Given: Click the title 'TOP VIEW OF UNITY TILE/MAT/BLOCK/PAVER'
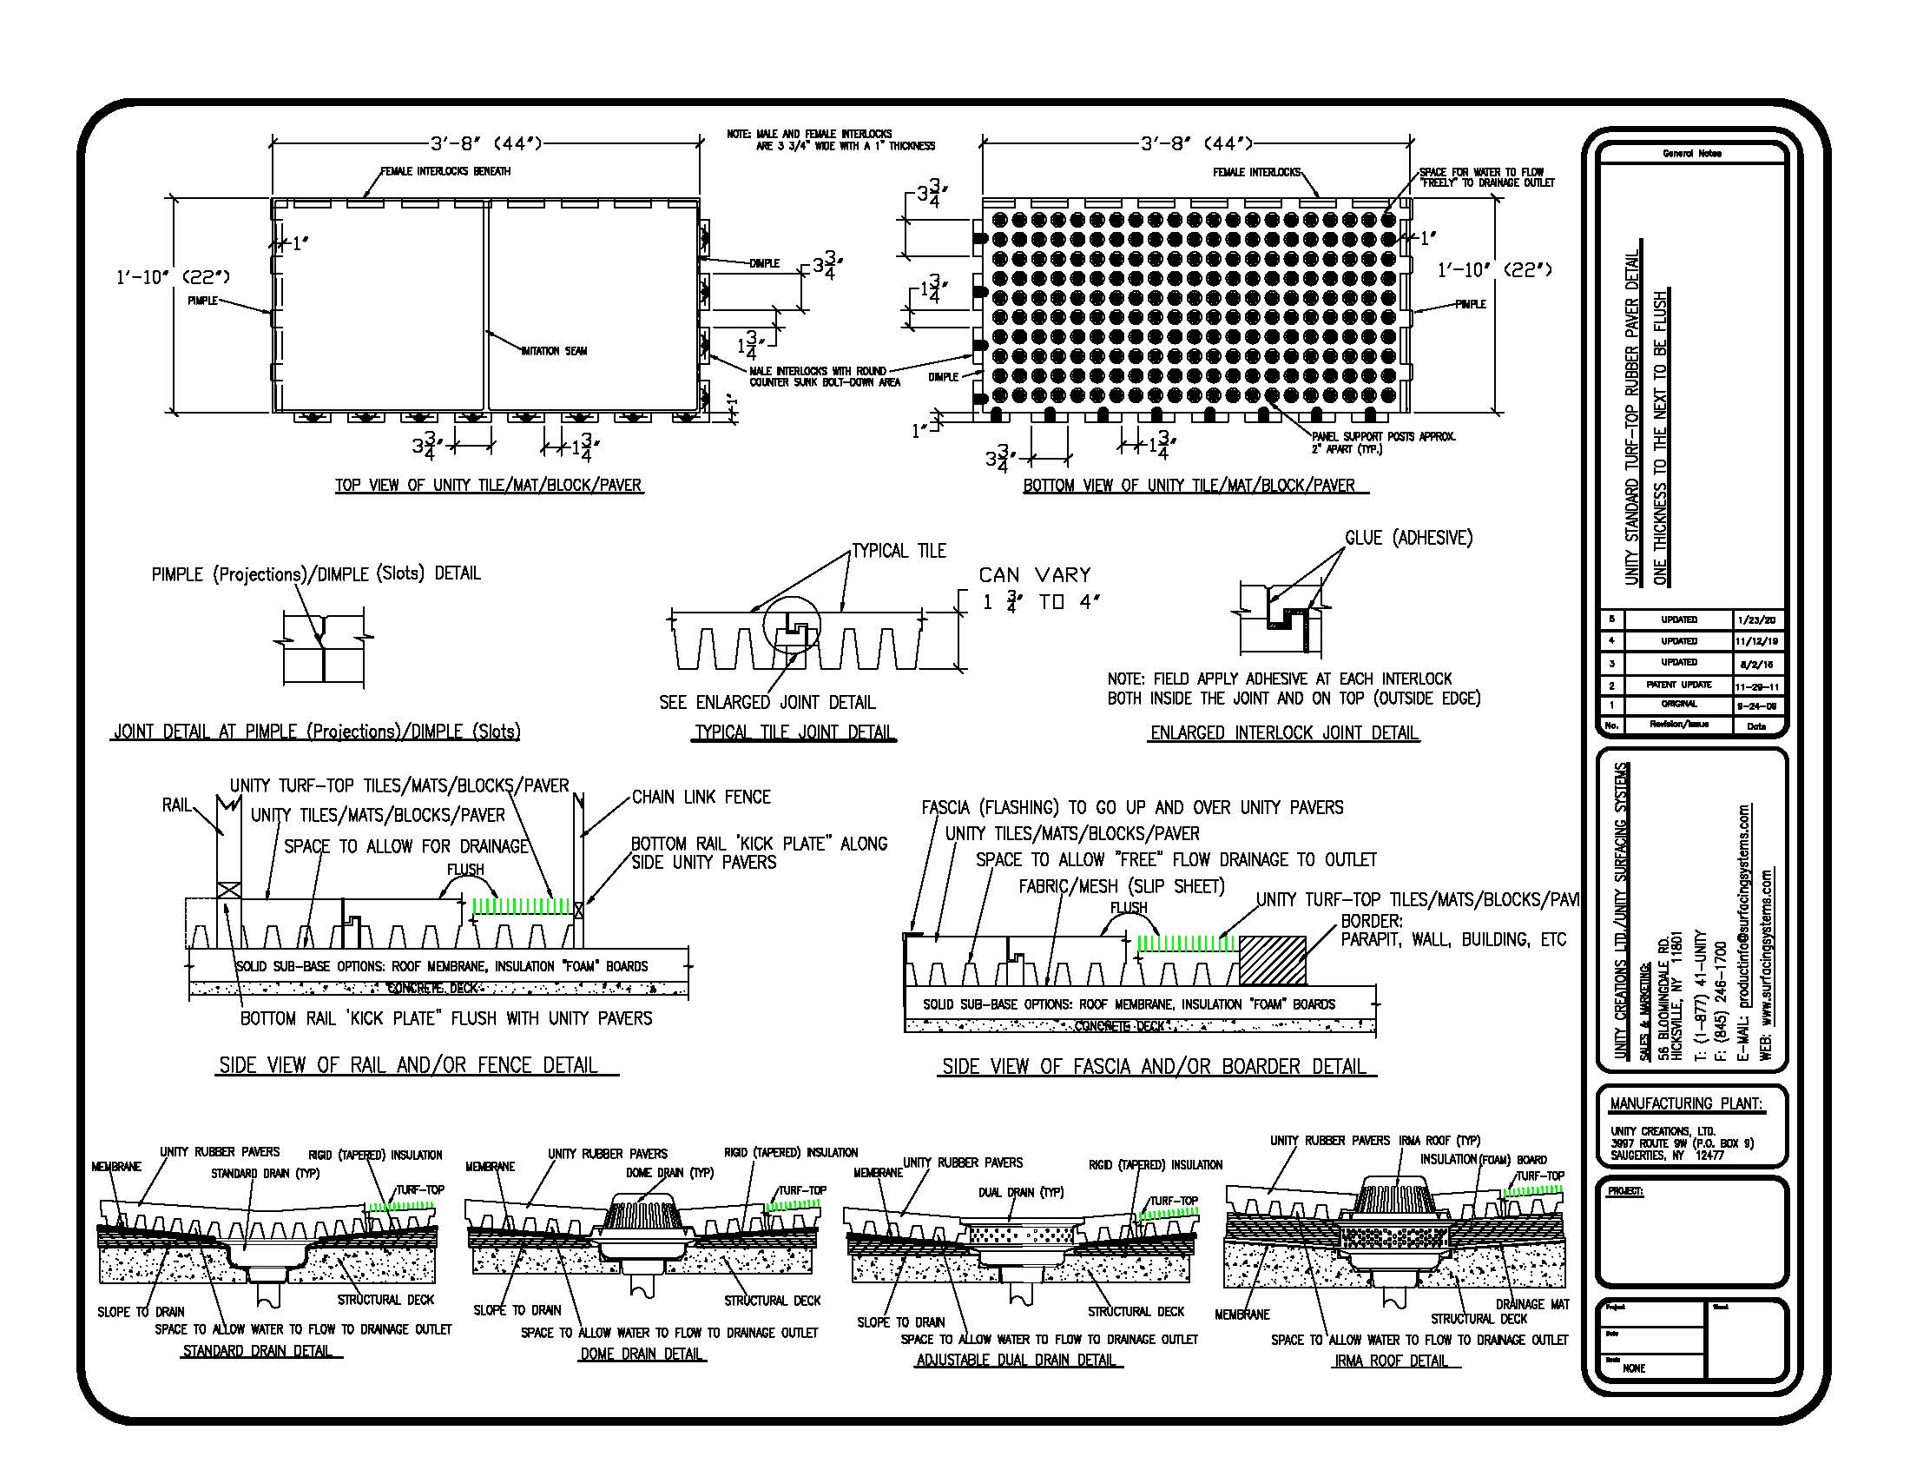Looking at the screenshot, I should (x=489, y=486).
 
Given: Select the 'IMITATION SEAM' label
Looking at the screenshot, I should (x=555, y=352).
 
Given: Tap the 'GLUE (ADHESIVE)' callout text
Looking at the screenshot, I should (x=1408, y=538).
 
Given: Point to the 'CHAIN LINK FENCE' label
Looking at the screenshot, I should (x=701, y=797).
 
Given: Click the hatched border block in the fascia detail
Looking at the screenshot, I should (x=1273, y=960).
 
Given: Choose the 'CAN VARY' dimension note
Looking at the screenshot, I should (x=1036, y=576).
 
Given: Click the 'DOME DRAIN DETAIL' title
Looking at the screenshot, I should (x=642, y=1354).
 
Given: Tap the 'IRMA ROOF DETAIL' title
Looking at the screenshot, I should (x=1391, y=1361).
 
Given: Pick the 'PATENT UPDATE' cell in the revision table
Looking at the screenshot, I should (x=1678, y=685).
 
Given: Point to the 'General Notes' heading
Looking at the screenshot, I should (x=1691, y=154).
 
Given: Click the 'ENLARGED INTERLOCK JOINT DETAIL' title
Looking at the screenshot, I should (x=1284, y=733).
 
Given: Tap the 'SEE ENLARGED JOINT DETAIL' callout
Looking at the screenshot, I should (x=767, y=703).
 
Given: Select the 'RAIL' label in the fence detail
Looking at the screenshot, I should (x=176, y=805).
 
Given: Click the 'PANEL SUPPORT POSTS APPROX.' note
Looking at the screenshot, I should (x=1384, y=437).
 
